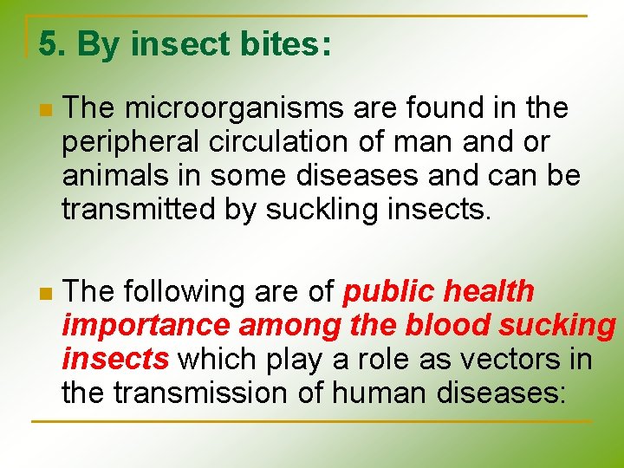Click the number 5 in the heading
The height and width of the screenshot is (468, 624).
click(49, 44)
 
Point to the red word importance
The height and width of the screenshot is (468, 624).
click(146, 326)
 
